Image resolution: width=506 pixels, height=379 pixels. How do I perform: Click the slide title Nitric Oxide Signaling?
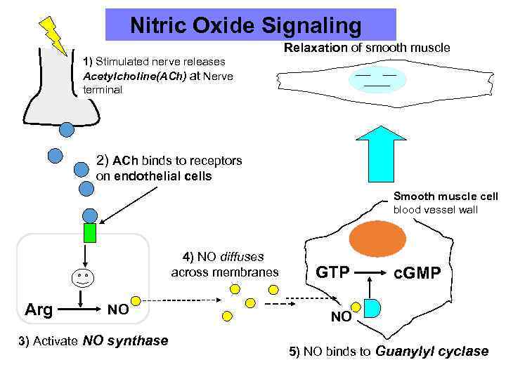246,26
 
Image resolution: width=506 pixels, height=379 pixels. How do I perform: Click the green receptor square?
89,232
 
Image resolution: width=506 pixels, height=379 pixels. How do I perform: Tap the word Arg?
38,309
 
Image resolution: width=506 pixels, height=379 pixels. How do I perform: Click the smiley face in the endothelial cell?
83,279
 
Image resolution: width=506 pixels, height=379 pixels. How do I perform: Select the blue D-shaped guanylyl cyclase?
373,307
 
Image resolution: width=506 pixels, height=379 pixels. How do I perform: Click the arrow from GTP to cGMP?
370,272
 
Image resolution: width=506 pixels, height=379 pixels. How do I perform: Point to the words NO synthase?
126,341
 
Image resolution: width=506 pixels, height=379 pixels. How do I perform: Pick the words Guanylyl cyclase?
433,352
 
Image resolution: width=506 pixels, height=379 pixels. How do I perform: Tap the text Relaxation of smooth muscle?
367,48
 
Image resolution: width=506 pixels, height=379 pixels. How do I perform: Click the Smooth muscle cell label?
446,196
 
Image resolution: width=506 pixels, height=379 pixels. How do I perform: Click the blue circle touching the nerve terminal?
66,129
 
